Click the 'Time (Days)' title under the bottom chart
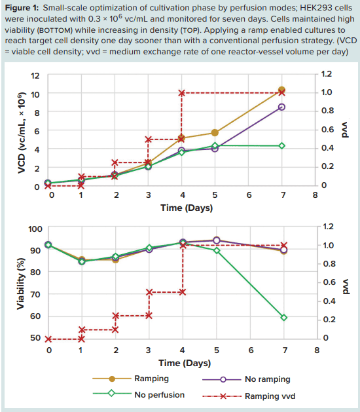(183, 362)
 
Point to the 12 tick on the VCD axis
(37, 75)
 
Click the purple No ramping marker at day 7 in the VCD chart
(282, 107)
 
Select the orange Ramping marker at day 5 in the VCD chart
(215, 133)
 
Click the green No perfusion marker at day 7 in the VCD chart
(282, 145)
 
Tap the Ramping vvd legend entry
(269, 396)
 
